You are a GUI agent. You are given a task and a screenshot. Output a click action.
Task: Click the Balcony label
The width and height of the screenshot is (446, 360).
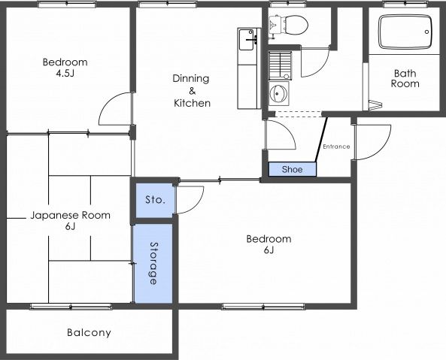[x=89, y=332]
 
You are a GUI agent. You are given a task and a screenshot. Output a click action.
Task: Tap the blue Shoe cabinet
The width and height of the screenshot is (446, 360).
[x=293, y=169]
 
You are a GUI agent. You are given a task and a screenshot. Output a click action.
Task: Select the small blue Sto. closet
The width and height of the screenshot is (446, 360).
[x=155, y=201]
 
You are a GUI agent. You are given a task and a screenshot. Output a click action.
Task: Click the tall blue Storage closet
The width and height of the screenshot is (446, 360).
[x=153, y=263]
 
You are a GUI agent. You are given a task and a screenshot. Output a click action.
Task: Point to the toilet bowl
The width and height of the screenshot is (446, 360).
[x=296, y=25]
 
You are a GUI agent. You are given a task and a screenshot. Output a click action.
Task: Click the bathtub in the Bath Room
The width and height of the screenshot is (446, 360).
[x=405, y=32]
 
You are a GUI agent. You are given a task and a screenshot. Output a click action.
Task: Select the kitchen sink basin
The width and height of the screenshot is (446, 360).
[x=246, y=40]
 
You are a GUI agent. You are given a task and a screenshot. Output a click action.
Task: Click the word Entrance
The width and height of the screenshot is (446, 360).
[x=336, y=147]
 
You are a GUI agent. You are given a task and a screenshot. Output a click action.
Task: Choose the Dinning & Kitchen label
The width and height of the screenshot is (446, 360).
[x=192, y=91]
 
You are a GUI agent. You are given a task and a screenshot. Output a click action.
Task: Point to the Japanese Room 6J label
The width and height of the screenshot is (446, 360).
[x=70, y=220]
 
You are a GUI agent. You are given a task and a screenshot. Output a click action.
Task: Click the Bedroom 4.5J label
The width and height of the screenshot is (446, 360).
[x=65, y=68]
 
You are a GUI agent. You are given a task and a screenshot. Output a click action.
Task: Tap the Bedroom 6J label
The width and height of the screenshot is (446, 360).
[x=269, y=244]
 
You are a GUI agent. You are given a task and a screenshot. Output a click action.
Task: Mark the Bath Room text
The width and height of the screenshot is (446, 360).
[x=405, y=78]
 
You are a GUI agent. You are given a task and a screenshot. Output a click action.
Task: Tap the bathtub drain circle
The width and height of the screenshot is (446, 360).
[x=426, y=32]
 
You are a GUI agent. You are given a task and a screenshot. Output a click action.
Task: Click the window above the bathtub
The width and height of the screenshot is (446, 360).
[x=405, y=4]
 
